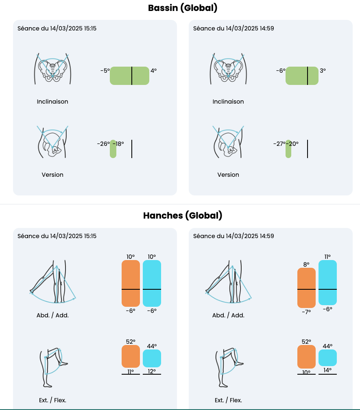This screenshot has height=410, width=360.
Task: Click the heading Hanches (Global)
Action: point(183,215)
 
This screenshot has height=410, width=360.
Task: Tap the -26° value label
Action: point(103,144)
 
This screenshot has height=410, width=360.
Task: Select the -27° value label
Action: point(279,144)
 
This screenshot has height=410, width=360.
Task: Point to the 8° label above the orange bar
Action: point(306,264)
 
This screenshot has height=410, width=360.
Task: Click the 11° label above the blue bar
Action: point(327,256)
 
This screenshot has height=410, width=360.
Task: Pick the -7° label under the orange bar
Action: point(306,312)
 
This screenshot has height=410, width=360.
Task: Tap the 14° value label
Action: point(327,370)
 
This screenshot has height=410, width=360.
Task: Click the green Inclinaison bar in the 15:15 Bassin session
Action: point(129,76)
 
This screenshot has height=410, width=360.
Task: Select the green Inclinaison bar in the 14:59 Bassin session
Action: point(302,76)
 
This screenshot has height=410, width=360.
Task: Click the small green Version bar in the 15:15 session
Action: point(113,149)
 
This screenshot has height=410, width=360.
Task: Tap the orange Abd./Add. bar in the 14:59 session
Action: point(306,288)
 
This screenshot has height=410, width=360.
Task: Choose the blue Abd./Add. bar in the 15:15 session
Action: point(152,283)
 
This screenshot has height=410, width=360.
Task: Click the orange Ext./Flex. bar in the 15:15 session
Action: point(131,356)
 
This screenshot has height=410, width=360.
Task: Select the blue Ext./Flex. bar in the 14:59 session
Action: point(327,358)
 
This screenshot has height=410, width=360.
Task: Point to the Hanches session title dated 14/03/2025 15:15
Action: point(57,236)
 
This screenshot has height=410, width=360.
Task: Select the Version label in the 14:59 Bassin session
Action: point(228,175)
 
